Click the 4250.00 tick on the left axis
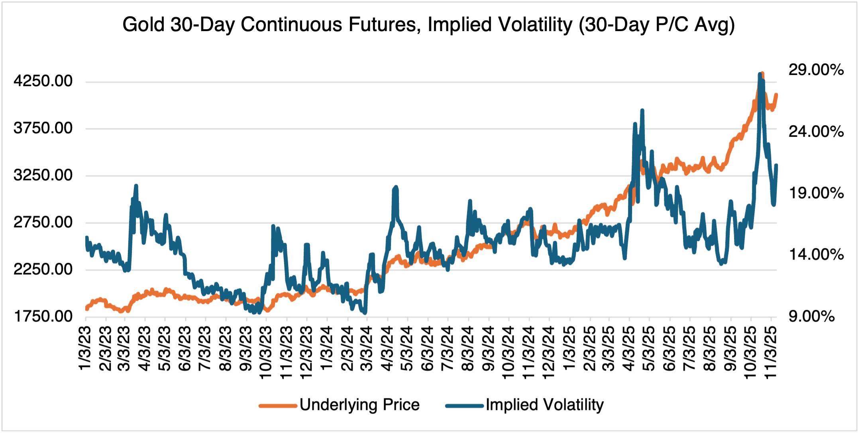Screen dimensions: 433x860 tap(43, 81)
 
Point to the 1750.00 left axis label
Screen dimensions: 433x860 tap(43, 317)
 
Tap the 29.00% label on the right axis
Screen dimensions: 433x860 tap(816, 70)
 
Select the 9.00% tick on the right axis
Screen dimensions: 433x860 tap(811, 317)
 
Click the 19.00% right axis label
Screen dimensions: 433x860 tap(816, 193)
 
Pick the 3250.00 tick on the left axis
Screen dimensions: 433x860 tap(43, 175)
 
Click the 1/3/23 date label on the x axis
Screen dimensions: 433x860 tap(85, 348)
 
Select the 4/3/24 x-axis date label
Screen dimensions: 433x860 tap(388, 348)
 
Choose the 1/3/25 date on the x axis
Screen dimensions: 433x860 tap(570, 348)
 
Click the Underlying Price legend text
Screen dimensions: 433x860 tap(359, 405)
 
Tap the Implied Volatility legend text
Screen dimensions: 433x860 tap(544, 405)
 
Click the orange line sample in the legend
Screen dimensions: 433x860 tap(278, 406)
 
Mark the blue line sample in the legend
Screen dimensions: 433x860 tap(465, 406)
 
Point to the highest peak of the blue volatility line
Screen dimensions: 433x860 tap(760, 74)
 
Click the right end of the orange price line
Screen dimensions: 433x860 tap(776, 95)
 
